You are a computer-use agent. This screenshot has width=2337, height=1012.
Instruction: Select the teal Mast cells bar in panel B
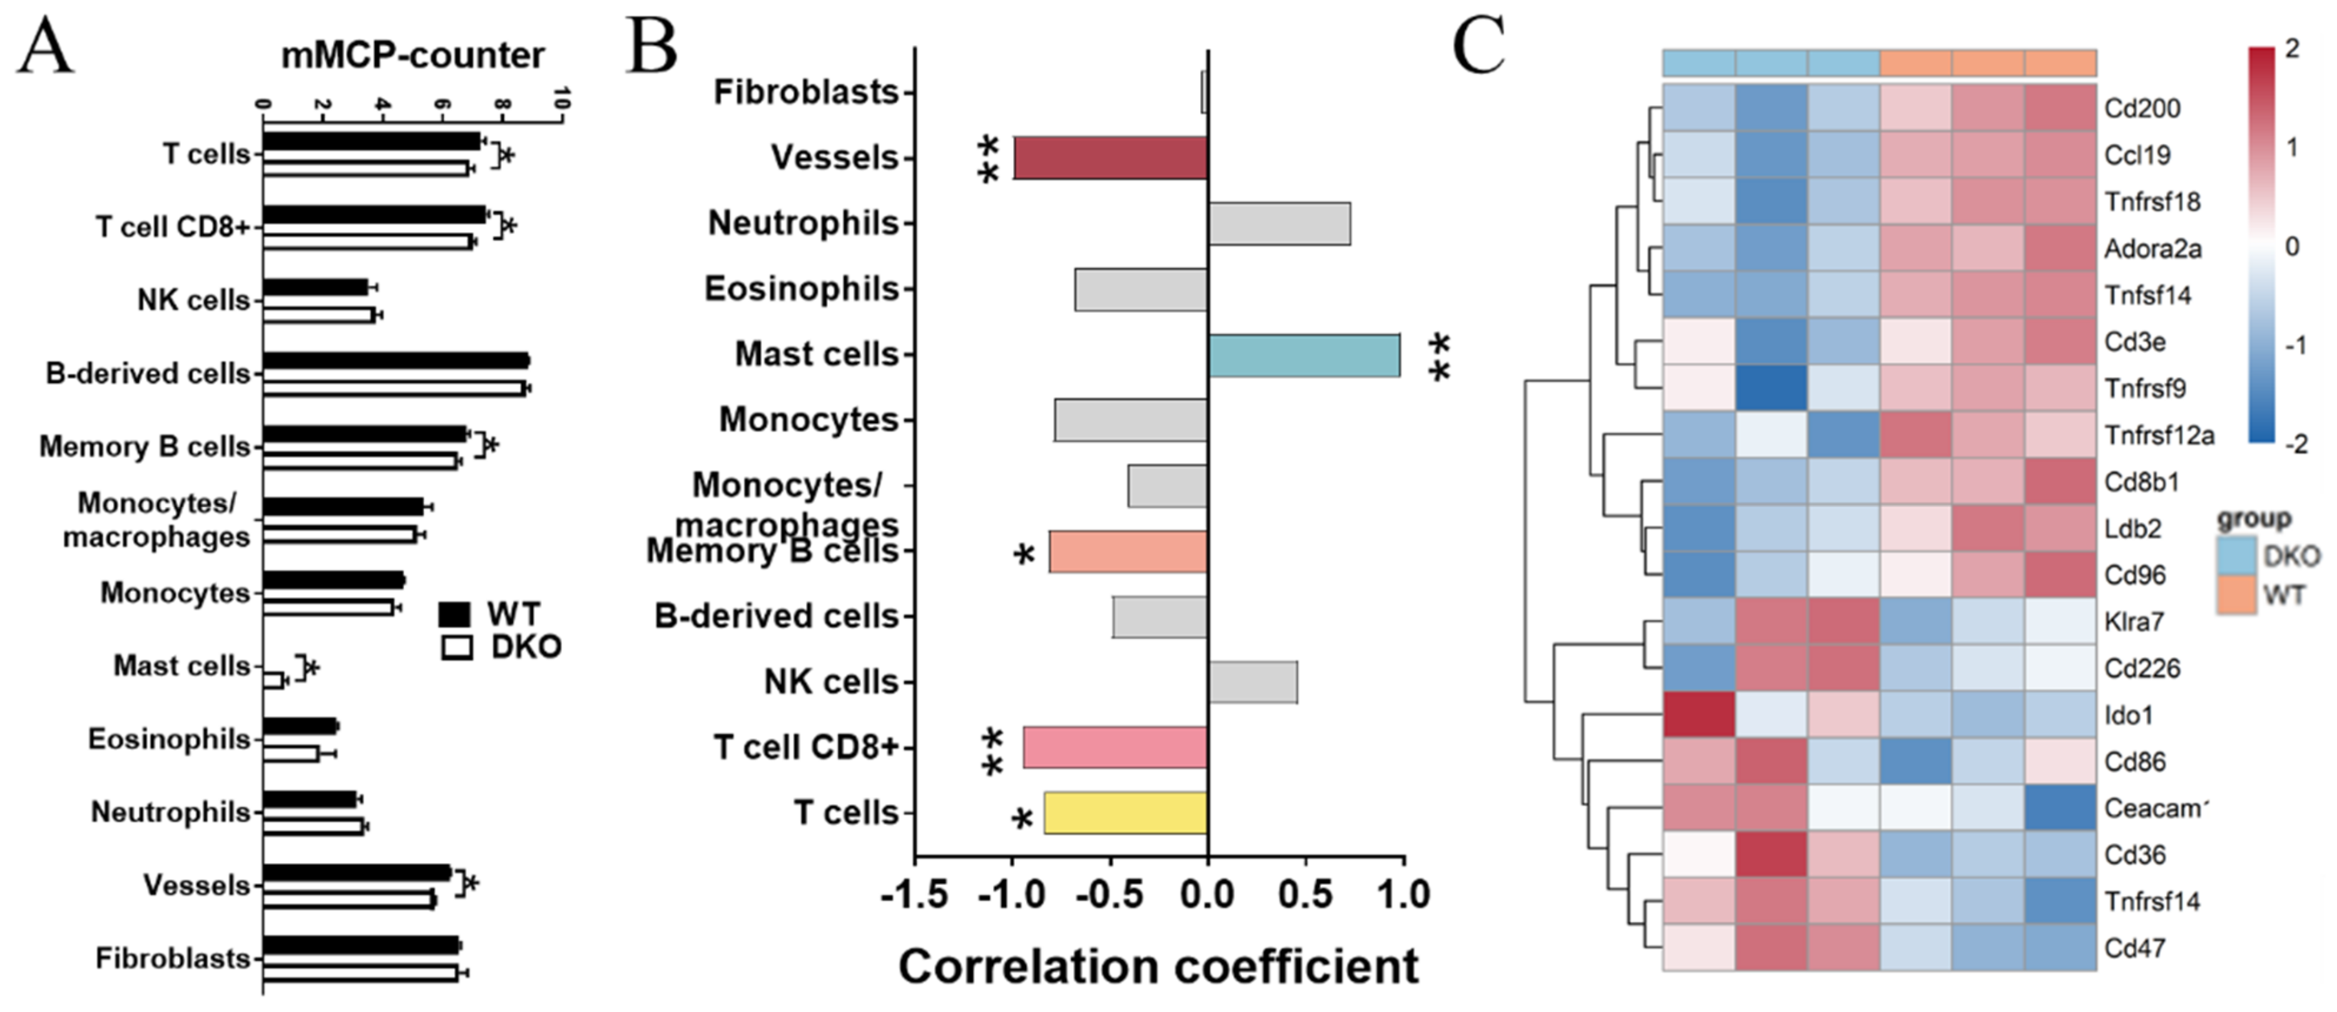click(x=1304, y=355)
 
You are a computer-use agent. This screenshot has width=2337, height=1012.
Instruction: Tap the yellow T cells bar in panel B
click(x=1125, y=813)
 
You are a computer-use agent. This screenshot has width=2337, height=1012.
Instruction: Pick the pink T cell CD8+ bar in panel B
click(x=1115, y=748)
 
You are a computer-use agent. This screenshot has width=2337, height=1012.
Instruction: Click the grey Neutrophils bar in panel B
click(x=1279, y=224)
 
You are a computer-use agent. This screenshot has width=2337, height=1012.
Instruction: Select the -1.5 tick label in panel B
click(x=915, y=895)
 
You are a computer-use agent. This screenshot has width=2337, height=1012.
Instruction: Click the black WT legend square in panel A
click(x=454, y=615)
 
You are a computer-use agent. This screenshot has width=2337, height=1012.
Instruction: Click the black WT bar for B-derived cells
click(x=395, y=361)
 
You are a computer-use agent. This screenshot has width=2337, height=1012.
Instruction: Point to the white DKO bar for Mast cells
click(x=273, y=680)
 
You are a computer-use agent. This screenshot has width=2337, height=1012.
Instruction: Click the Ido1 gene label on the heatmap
click(x=2127, y=716)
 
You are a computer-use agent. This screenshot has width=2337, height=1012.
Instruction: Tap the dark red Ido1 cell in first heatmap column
click(x=1699, y=715)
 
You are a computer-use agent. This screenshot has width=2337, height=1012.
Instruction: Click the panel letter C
click(x=1478, y=46)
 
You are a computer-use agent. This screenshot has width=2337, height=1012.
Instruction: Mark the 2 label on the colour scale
click(x=2293, y=49)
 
